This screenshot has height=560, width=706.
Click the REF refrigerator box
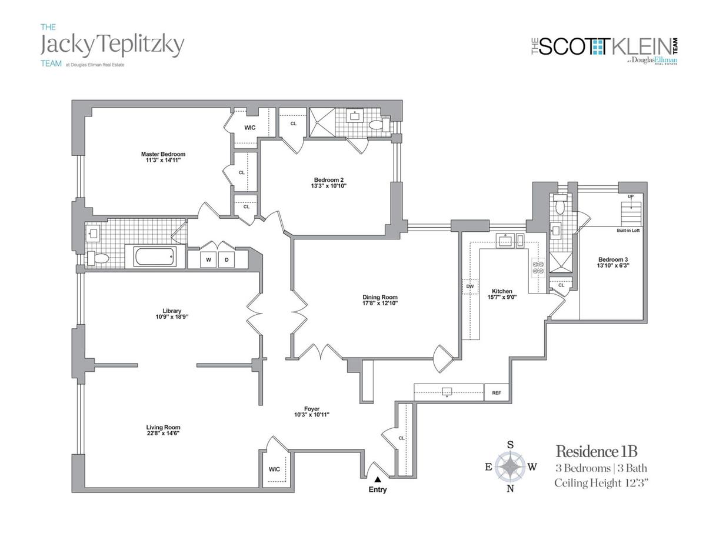(492, 392)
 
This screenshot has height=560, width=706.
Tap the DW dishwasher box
(469, 286)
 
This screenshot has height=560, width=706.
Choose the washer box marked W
(208, 259)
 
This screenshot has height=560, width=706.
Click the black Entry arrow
(377, 481)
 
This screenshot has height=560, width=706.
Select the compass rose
(510, 467)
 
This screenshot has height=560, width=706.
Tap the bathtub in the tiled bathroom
(154, 257)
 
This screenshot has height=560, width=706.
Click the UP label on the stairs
(631, 196)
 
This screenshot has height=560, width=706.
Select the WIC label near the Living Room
(274, 469)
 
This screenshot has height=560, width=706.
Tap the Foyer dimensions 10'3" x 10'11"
(312, 415)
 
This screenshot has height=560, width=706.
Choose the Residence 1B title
(597, 452)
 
